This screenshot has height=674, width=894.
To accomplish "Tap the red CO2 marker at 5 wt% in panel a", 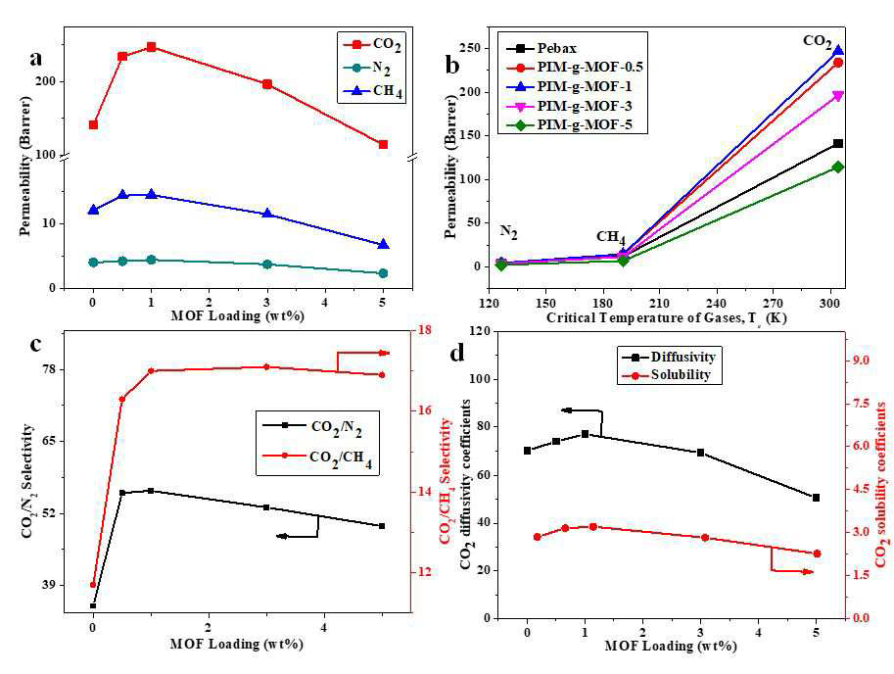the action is click(383, 145).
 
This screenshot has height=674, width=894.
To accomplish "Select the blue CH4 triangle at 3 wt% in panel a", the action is click(267, 214).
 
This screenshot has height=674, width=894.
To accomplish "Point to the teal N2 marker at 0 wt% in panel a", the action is click(93, 263).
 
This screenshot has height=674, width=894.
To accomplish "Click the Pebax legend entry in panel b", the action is click(541, 48).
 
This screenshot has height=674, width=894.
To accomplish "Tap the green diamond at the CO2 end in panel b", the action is click(837, 168).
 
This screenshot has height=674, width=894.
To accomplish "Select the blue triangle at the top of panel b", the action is click(837, 51).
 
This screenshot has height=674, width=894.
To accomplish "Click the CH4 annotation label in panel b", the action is click(611, 237).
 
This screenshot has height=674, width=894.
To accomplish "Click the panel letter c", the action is click(35, 345).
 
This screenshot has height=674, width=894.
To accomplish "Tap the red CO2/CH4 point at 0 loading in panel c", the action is click(93, 585).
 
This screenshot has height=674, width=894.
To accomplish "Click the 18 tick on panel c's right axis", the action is click(426, 330).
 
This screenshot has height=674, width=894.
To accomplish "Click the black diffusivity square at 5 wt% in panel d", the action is click(817, 498).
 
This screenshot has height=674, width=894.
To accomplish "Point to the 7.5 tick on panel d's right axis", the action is click(860, 404).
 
